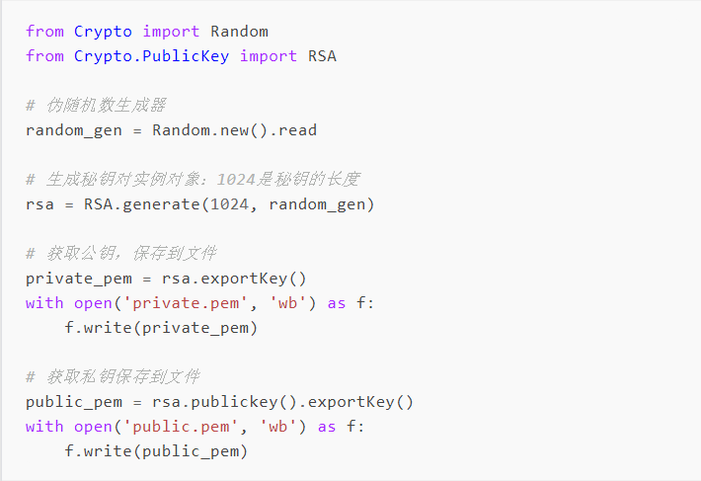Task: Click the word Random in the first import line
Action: [x=239, y=32]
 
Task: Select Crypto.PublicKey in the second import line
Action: [x=151, y=56]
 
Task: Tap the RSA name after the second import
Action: [x=322, y=56]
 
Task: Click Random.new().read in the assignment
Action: [x=234, y=130]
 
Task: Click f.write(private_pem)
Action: [x=161, y=328]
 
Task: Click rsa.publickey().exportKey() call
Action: [x=282, y=402]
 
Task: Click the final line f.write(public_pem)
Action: [x=156, y=451]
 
